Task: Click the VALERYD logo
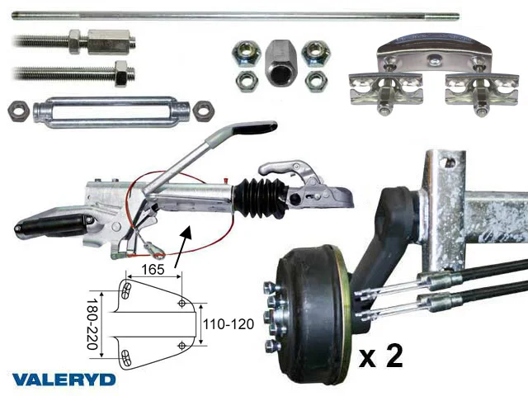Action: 64,379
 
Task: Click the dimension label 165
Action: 153,270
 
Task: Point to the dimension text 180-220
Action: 92,323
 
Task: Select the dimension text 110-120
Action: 229,324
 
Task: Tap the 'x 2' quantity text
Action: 381,356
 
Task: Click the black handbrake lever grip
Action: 255,127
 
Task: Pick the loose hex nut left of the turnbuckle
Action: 18,111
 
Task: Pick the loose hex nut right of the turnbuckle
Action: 204,110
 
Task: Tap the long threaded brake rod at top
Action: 235,16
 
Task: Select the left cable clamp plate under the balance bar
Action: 385,89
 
